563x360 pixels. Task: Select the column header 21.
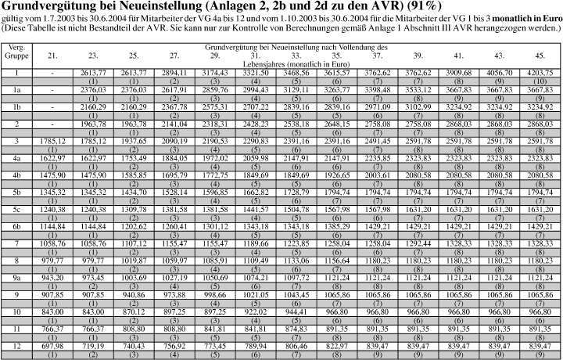[x=52, y=56]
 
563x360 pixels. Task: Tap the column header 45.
[x=540, y=56]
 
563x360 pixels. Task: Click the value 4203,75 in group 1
[x=540, y=72]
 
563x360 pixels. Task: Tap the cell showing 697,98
[x=52, y=345]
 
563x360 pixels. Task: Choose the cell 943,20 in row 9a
[x=52, y=277]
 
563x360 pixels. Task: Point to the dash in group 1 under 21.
[x=52, y=72]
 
